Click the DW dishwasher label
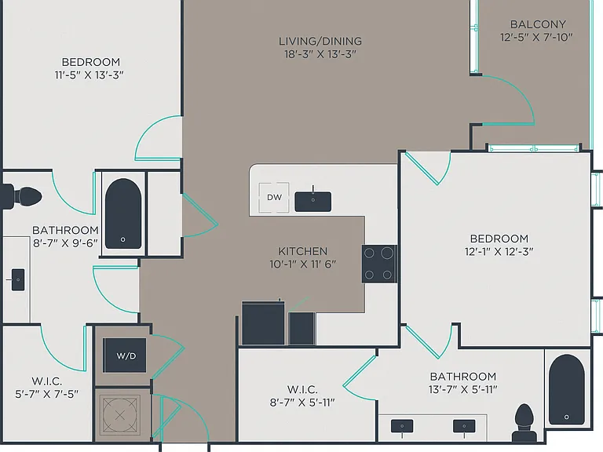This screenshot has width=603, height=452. [274, 197]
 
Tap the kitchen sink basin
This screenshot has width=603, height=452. [312, 202]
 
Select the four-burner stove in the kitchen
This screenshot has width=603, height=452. [378, 264]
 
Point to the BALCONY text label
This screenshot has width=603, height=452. [538, 24]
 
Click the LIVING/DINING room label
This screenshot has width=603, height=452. [320, 41]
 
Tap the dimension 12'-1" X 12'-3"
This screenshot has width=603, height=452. [499, 252]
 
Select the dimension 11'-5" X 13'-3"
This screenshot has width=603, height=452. [90, 75]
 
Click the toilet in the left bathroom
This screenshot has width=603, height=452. [21, 197]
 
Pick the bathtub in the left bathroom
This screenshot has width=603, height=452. [123, 213]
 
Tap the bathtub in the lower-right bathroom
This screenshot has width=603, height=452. [566, 389]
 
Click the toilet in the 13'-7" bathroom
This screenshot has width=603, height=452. [524, 423]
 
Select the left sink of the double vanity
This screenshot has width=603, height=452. [402, 426]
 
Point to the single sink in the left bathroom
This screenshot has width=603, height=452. [18, 279]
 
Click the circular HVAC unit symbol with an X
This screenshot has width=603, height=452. [119, 414]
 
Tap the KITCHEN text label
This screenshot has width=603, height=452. [302, 251]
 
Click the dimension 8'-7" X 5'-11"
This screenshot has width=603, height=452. [302, 403]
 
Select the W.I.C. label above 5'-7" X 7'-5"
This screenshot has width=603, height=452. [46, 381]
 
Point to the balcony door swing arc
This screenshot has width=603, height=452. [515, 93]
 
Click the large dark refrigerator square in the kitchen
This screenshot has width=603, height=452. [263, 323]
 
